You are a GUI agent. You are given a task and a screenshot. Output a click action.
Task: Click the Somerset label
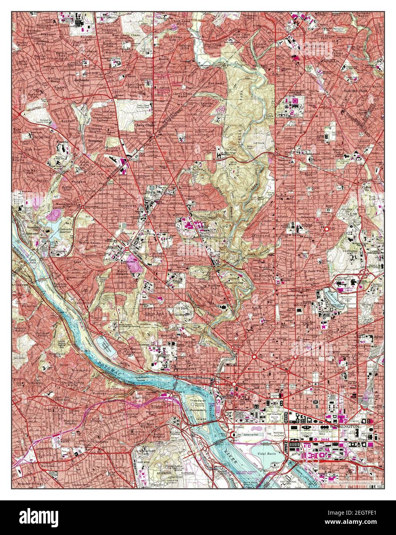coord(97,141)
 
